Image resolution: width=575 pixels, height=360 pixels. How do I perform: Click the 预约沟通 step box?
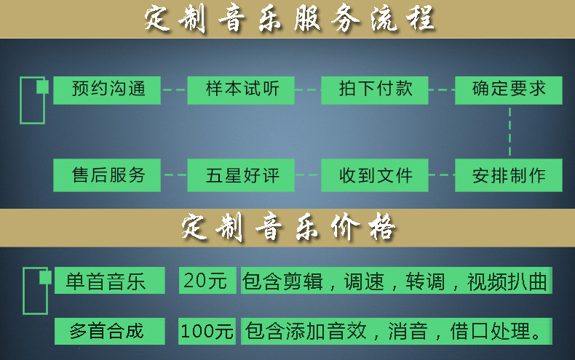108,89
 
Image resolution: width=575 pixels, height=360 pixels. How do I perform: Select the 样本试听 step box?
241,89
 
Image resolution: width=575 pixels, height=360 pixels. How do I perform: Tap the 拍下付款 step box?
376,89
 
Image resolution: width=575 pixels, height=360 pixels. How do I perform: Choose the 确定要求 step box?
509,89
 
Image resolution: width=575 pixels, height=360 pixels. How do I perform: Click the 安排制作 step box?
509,175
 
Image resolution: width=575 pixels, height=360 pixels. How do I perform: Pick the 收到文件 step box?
376,175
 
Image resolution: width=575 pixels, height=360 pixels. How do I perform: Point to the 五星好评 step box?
241,175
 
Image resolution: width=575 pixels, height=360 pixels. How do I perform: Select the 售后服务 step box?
108,175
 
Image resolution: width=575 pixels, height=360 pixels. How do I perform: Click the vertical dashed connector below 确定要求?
509,132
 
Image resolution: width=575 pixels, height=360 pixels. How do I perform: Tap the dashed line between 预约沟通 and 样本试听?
174,90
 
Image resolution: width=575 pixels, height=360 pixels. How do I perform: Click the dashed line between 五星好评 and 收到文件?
308,175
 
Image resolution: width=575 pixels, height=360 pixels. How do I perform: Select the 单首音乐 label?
106,281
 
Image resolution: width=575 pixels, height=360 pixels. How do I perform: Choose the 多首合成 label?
106,332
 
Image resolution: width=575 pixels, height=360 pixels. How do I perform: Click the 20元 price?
207,281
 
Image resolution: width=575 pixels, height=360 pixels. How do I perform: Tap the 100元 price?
207,332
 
